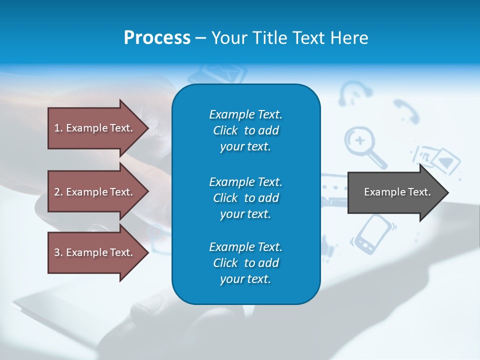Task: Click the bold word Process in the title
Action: pos(157,38)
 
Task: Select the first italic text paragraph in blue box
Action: pos(245,130)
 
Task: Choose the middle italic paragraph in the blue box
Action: pos(245,197)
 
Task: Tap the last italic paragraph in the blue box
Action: pos(245,263)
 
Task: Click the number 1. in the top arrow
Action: pos(58,128)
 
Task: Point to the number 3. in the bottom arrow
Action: pos(58,252)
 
